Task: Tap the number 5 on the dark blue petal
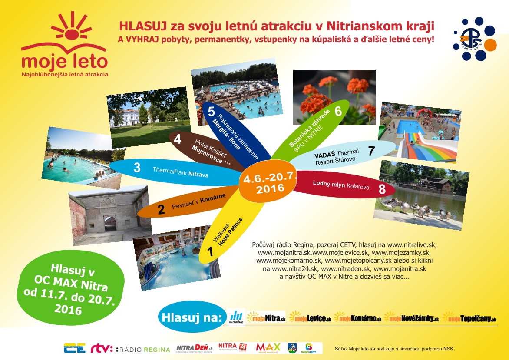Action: pyautogui.click(x=212, y=112)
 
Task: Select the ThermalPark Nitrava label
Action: pyautogui.click(x=180, y=172)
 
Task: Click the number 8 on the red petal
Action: pyautogui.click(x=382, y=189)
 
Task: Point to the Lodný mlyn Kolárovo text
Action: pyautogui.click(x=341, y=185)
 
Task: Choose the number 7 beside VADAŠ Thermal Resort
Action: pyautogui.click(x=371, y=151)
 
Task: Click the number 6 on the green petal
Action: pyautogui.click(x=338, y=111)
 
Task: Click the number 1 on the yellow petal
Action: pyautogui.click(x=210, y=251)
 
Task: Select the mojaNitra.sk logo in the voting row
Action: pyautogui.click(x=265, y=318)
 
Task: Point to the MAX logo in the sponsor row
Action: pyautogui.click(x=268, y=347)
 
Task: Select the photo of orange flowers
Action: pyautogui.click(x=334, y=96)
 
